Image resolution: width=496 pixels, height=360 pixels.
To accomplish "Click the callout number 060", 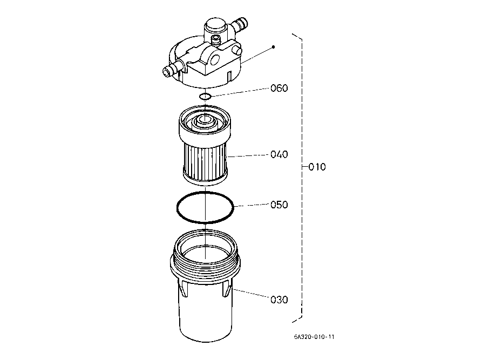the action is coord(279,88).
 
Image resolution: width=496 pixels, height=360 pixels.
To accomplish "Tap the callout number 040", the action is coord(279,154).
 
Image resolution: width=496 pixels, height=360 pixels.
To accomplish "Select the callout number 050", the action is coord(279,205).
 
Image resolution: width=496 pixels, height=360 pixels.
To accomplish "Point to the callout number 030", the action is coord(279,300).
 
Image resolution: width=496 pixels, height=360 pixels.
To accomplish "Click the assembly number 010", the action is coord(317,167).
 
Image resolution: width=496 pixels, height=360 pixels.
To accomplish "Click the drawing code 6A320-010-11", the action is coord(314,337).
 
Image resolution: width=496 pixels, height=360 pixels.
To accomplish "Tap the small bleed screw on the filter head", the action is coord(216,39).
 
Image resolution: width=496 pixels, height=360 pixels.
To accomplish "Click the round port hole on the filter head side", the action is coord(214,59).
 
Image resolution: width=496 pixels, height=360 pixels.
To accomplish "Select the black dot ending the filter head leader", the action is coord(273,47).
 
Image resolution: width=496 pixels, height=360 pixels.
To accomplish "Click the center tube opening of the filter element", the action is coord(205,120).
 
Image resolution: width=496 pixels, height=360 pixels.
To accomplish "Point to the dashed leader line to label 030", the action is coord(251,293).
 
